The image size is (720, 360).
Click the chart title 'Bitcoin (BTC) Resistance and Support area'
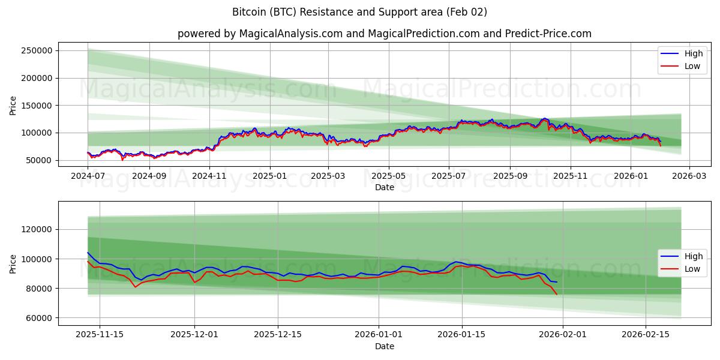pyautogui.click(x=359, y=12)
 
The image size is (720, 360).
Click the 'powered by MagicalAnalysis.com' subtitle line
pyautogui.click(x=384, y=34)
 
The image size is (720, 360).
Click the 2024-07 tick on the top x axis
pyautogui.click(x=88, y=176)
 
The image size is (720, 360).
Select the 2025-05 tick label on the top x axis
pyautogui.click(x=388, y=176)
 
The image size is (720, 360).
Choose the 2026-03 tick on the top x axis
pyautogui.click(x=689, y=176)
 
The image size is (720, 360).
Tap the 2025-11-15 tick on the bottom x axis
pyautogui.click(x=100, y=335)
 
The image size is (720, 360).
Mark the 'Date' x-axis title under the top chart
pyautogui.click(x=384, y=187)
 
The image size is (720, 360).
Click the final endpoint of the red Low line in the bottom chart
pyautogui.click(x=556, y=294)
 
